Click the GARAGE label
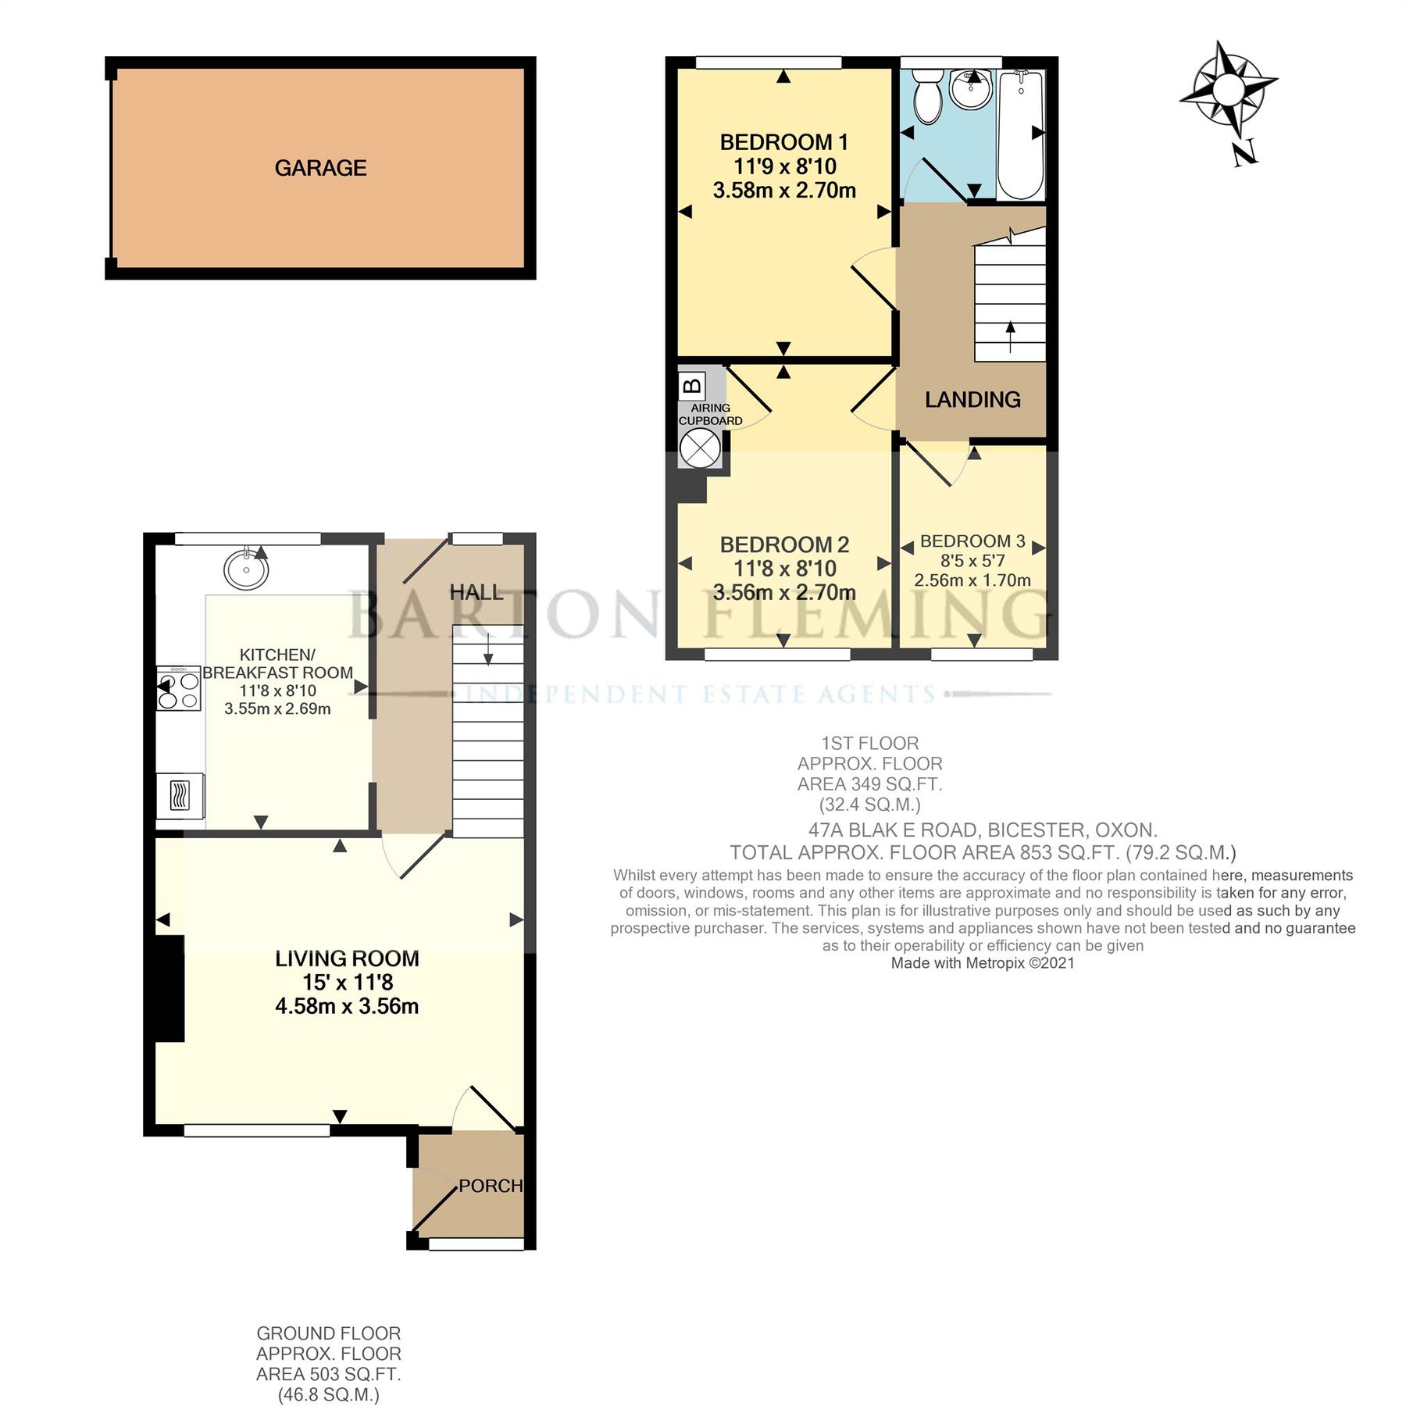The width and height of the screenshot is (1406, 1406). (320, 168)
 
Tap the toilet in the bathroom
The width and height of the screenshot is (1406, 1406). (928, 98)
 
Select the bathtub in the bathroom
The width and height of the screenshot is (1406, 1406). (1020, 134)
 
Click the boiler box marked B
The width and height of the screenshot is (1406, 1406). (692, 385)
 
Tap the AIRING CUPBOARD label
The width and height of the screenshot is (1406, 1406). (710, 414)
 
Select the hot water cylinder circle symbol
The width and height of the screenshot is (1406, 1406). (699, 448)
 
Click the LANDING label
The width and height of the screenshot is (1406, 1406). (972, 400)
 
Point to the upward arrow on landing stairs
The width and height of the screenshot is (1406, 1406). (1011, 337)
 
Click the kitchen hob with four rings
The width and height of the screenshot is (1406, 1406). (179, 688)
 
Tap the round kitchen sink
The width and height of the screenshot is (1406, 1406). (246, 569)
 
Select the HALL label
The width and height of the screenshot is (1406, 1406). (476, 592)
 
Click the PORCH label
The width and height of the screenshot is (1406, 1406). (491, 1186)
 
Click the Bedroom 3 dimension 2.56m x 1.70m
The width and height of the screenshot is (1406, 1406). (972, 580)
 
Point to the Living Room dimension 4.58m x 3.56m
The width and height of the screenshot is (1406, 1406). (347, 1006)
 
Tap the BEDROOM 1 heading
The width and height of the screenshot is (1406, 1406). (783, 142)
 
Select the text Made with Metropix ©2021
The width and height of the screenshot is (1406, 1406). (983, 963)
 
